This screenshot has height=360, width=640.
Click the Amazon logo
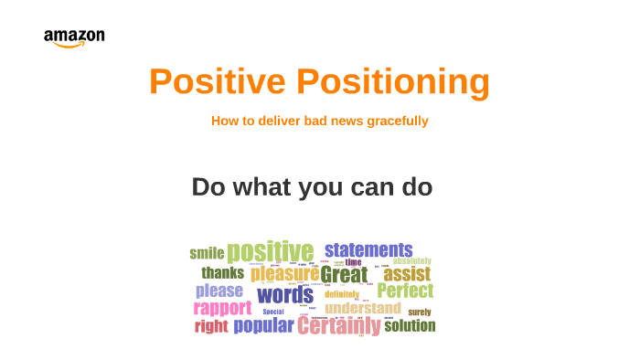tap(74, 38)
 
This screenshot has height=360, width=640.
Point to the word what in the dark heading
tap(261, 187)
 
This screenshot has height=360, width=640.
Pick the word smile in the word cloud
tap(207, 254)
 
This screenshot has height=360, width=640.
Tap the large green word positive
tap(270, 251)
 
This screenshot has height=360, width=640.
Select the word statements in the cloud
tap(368, 249)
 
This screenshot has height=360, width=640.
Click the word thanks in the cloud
tap(223, 272)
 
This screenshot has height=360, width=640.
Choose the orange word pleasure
tap(284, 273)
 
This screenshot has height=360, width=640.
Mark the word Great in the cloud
tap(344, 274)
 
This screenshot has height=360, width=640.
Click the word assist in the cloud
tap(407, 273)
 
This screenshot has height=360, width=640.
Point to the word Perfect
tap(405, 291)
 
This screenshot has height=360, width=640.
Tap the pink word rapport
tap(222, 308)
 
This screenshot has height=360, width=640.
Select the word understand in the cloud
tap(362, 308)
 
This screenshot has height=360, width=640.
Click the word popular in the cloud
tap(263, 325)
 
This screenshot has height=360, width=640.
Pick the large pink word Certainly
tap(338, 326)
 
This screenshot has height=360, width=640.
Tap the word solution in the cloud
tap(410, 325)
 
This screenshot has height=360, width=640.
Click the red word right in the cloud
tap(211, 326)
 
